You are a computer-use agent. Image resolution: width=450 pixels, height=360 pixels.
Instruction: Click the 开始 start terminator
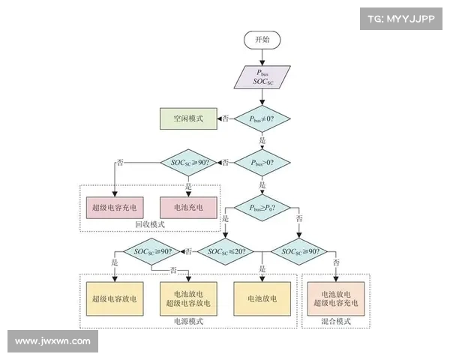point(262,39)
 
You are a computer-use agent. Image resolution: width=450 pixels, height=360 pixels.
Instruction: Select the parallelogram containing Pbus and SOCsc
point(262,78)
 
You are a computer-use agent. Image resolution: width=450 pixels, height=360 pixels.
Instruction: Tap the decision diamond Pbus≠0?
point(262,118)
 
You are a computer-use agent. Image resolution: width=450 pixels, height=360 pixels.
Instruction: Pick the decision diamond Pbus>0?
point(262,162)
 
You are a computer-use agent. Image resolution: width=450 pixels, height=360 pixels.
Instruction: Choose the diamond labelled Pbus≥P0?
point(262,208)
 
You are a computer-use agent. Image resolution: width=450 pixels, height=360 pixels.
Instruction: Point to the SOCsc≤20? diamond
point(226,251)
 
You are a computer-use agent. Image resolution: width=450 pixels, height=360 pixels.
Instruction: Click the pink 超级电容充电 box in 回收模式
point(114,206)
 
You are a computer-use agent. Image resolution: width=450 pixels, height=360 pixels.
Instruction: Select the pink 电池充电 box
point(187,206)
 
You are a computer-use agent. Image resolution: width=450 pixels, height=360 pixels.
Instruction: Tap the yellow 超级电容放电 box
point(114,298)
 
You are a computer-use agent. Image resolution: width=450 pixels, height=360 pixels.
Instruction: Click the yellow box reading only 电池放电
point(262,298)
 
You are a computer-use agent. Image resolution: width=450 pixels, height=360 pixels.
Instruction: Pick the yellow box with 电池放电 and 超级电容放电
point(187,298)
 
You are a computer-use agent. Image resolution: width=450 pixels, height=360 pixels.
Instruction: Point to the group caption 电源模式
point(187,321)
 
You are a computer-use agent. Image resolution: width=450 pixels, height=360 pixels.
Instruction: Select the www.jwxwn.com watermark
point(52,341)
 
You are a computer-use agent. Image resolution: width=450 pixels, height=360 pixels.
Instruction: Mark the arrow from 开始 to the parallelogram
point(262,57)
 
